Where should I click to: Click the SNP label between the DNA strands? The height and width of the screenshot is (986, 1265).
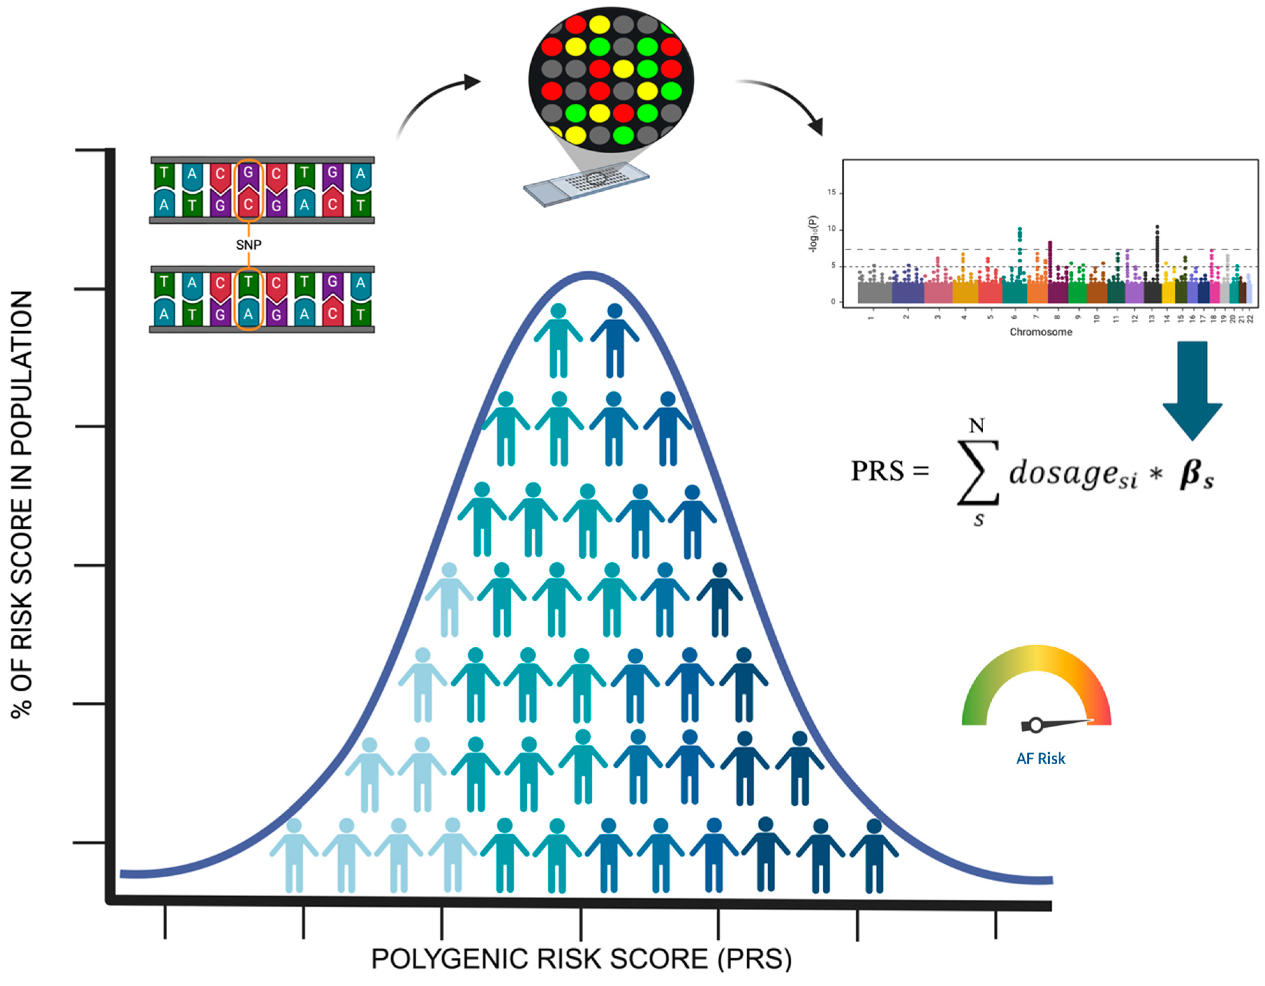click(249, 245)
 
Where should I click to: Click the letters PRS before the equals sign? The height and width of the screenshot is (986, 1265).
click(877, 471)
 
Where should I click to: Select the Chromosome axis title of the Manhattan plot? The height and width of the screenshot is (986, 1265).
click(1041, 332)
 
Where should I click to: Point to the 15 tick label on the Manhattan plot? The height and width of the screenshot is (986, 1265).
click(832, 192)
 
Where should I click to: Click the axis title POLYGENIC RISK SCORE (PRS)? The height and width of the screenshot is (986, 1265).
click(581, 959)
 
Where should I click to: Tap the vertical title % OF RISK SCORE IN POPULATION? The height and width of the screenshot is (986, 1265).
click(22, 504)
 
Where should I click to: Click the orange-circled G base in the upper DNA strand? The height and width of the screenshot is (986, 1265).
click(249, 172)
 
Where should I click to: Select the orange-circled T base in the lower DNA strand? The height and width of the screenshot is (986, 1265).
click(249, 282)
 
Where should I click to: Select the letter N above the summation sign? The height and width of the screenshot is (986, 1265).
click(977, 426)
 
